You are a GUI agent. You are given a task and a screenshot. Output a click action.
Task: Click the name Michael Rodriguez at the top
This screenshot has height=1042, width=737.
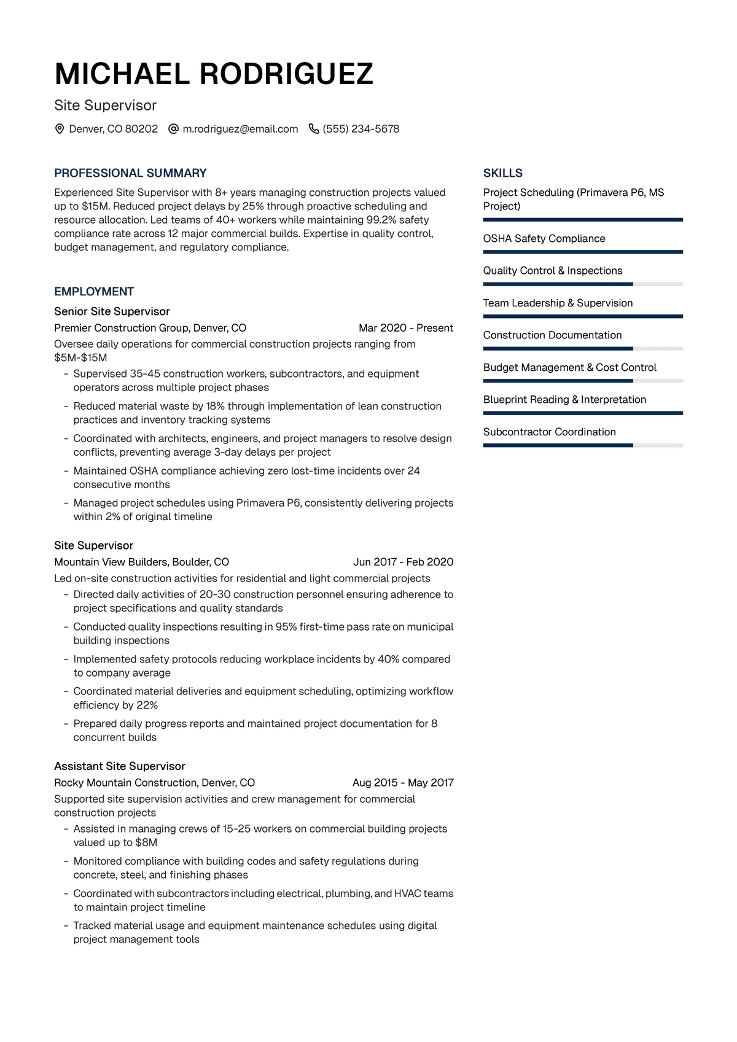(213, 74)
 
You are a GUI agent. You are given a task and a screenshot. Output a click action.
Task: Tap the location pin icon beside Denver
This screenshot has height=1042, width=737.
(60, 129)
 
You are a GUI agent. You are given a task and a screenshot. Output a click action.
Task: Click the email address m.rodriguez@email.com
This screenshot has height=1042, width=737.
(240, 129)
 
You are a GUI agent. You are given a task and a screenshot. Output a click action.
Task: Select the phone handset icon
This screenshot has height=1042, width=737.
(314, 129)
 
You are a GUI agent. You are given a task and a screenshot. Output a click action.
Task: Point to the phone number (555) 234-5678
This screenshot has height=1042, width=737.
(361, 129)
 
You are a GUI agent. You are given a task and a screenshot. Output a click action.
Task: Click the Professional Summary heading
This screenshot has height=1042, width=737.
(130, 173)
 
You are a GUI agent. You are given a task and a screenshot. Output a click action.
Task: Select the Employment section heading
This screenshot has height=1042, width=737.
(94, 292)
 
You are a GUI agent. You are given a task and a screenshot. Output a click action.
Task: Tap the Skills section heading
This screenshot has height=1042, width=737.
(502, 173)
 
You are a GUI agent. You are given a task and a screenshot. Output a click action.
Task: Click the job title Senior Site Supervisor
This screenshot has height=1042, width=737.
(112, 311)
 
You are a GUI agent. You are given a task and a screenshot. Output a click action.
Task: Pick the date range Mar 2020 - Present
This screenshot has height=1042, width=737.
(406, 328)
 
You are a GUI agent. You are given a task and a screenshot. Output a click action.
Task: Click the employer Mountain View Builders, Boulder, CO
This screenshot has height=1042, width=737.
(141, 562)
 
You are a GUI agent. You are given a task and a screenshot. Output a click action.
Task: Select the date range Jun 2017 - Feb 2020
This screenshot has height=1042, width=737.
(403, 562)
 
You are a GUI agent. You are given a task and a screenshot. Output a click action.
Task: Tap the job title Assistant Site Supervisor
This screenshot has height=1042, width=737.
(120, 766)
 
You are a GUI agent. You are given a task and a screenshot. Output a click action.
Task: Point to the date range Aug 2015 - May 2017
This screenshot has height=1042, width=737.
(403, 783)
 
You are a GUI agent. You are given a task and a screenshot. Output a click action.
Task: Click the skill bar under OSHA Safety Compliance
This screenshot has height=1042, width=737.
(583, 252)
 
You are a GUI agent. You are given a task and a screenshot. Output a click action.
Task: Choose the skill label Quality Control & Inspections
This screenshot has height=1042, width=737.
(553, 271)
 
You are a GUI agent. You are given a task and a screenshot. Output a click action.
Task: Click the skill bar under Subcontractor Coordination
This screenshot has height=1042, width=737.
(583, 445)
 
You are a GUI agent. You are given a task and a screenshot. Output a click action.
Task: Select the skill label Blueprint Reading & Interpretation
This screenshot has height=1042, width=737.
(564, 400)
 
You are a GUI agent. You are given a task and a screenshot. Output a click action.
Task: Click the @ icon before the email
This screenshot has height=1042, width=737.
(173, 129)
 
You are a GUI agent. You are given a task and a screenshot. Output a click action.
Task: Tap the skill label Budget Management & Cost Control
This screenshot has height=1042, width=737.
(570, 368)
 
